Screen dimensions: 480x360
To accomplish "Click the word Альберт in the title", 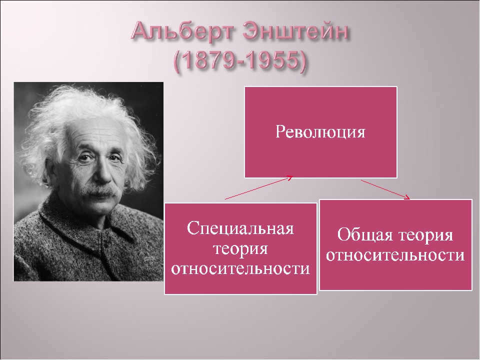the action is (183, 32).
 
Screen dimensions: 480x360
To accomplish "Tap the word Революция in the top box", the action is (320, 132).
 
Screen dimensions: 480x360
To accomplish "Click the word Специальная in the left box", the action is (240, 228).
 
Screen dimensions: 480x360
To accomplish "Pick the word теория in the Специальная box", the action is (240, 249).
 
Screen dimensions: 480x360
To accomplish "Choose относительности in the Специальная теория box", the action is (240, 269).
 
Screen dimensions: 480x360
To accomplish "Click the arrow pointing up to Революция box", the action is (259, 187).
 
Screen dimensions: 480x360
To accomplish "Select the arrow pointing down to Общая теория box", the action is (385, 190).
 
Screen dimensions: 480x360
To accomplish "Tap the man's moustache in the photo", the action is (100, 190).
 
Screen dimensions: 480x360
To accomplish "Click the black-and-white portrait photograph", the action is (89, 181).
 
